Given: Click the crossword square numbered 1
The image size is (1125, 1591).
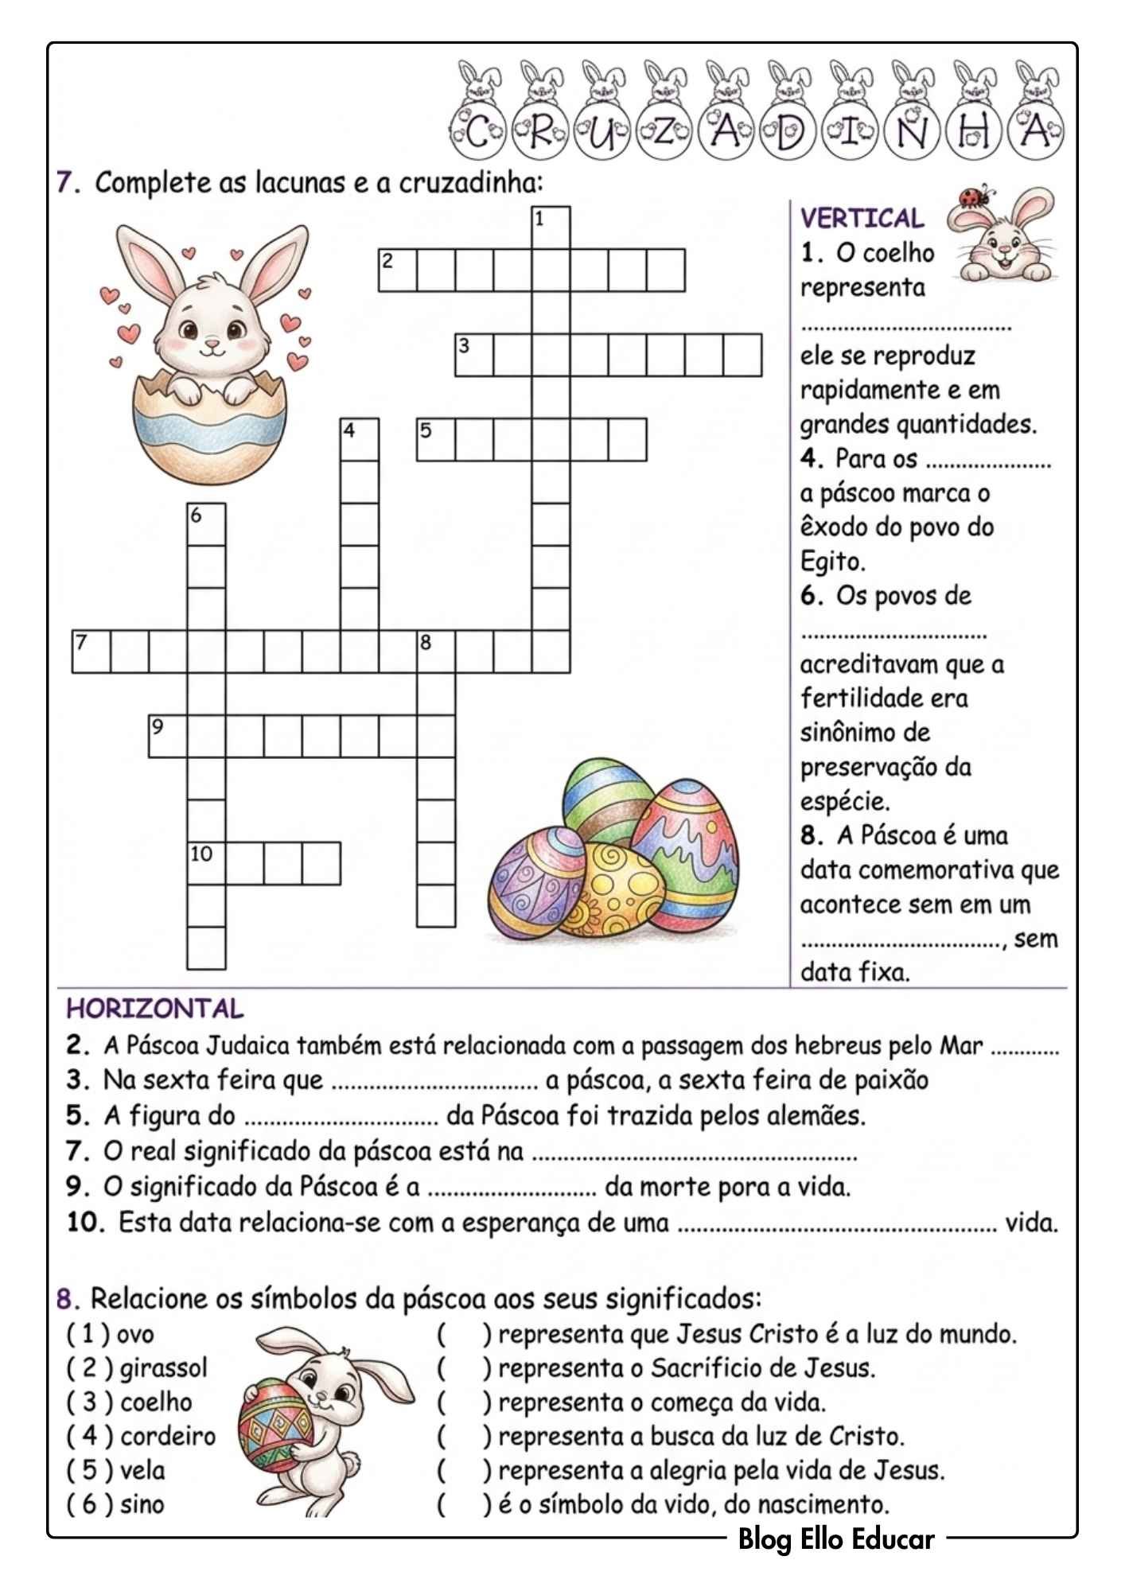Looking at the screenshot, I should click(x=551, y=227).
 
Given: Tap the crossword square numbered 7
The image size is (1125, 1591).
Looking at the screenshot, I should click(x=91, y=652).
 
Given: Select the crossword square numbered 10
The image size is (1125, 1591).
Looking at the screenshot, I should click(x=207, y=863).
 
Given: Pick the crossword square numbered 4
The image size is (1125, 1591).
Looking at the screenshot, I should click(x=360, y=440).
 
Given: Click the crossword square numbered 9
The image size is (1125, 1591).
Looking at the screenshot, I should click(x=168, y=736).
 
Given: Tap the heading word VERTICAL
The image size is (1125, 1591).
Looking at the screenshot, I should click(x=862, y=218).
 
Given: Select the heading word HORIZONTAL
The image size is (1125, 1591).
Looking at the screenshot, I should click(x=154, y=1009).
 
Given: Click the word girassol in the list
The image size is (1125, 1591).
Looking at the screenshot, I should click(x=163, y=1367).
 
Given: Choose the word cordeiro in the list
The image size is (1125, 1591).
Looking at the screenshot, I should click(x=168, y=1436).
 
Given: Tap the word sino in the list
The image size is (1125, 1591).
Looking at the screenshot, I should click(x=142, y=1504).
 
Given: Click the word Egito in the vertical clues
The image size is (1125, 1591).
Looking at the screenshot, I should click(x=832, y=562).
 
